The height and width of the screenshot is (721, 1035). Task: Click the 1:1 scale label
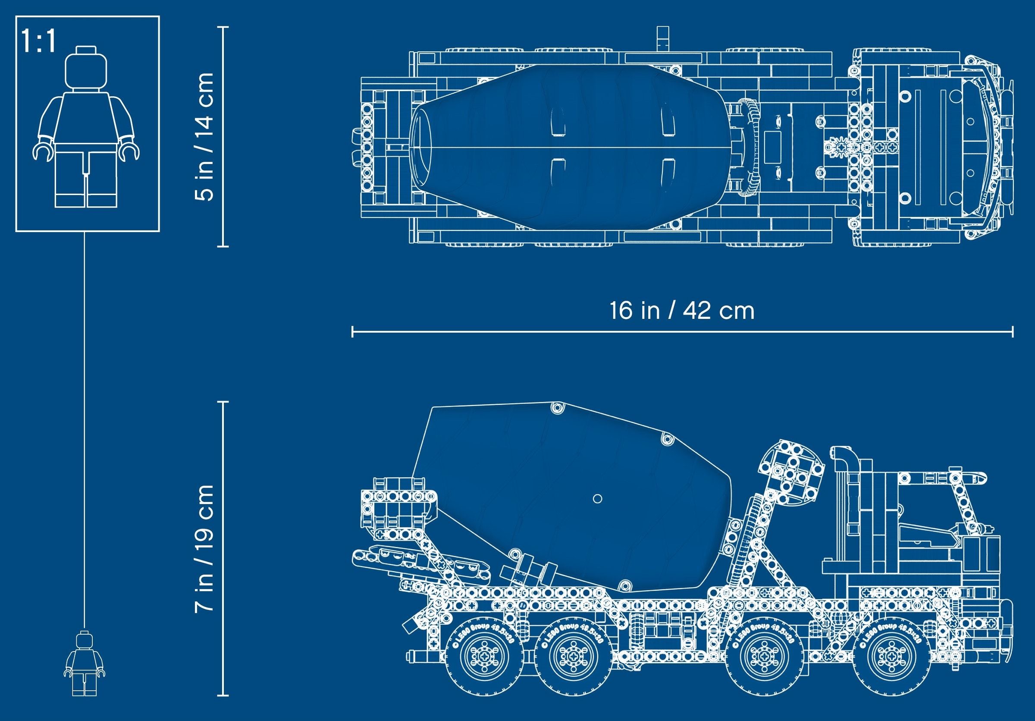(39, 42)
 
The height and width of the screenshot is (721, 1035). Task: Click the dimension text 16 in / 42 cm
(681, 311)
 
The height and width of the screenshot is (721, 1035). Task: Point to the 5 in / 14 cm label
(203, 137)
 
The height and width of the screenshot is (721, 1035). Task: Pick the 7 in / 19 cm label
(203, 548)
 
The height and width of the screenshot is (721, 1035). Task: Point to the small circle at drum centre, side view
(598, 499)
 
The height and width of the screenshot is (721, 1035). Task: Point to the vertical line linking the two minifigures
(85, 428)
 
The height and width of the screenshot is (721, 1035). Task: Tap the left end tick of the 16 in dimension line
(352, 332)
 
